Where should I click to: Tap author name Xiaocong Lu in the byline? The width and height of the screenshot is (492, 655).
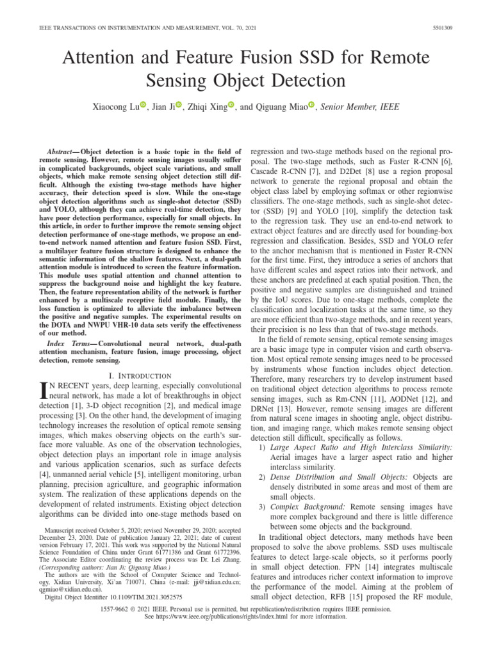115,106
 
